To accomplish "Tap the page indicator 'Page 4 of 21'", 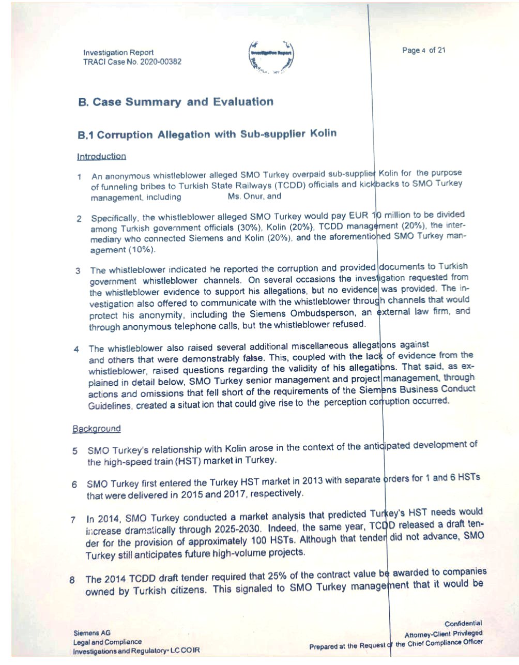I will coord(423,50).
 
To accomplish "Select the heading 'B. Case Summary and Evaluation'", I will coord(176,102).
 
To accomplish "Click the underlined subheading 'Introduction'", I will coord(101,156).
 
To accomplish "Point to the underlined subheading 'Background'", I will coord(97,429).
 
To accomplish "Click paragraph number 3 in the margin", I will coord(78,271).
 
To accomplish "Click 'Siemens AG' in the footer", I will coord(92,633).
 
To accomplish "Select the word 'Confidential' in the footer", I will coord(463,624).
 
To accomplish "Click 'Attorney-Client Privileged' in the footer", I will coord(443,633).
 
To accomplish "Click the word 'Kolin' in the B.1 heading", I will coord(323,133).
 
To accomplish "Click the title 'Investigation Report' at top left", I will coord(118,52).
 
